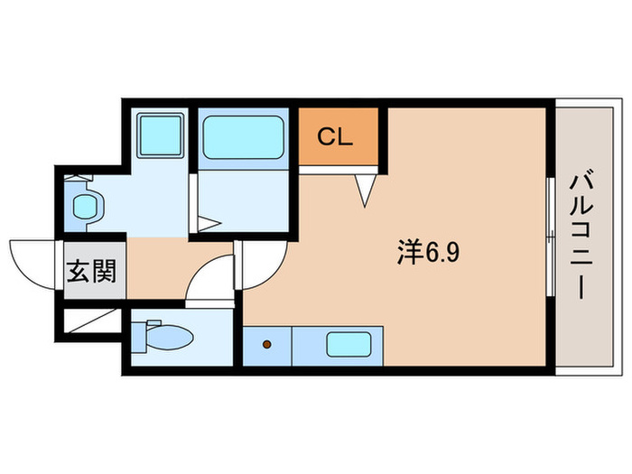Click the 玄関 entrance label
(x=93, y=270)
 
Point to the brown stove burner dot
(x=267, y=344)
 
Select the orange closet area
(x=339, y=137)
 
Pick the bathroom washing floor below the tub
(x=242, y=204)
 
